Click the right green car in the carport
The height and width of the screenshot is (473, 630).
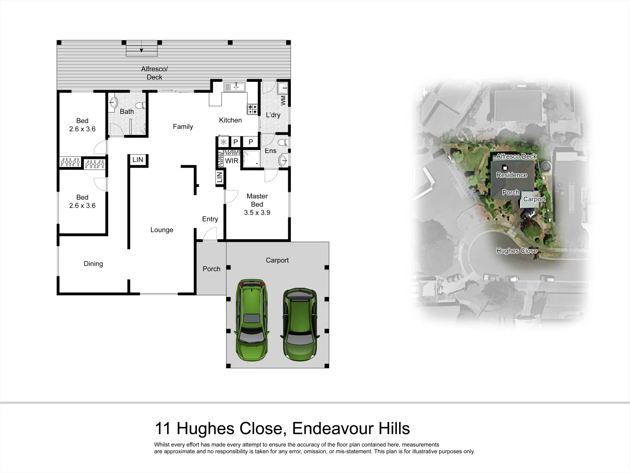[x=300, y=324]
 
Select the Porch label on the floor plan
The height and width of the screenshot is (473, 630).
[x=211, y=269]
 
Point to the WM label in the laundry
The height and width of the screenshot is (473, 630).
[x=283, y=100]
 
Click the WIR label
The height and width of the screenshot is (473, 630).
[x=231, y=161]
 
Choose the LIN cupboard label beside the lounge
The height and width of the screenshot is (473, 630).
[x=138, y=160]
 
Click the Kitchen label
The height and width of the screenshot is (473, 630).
[x=230, y=120]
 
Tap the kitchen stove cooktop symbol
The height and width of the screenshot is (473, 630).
[x=252, y=109]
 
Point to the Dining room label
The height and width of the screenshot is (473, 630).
[x=93, y=264]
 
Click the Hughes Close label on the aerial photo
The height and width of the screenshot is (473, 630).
[x=516, y=251]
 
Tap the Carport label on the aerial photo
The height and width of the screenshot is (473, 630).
[x=534, y=199]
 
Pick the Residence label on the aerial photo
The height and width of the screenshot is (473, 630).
[x=511, y=175]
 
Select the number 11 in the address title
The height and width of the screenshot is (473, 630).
[x=163, y=428]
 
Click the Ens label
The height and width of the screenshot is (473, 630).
[x=270, y=151]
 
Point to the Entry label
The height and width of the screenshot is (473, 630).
[x=210, y=219]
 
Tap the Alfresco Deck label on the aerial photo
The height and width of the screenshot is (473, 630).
[x=516, y=156]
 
